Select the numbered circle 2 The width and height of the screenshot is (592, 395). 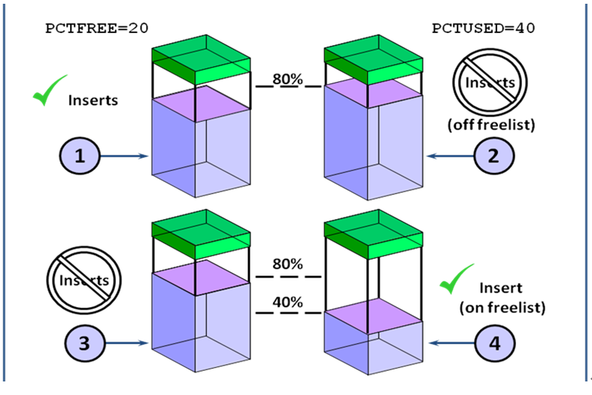[x=493, y=156]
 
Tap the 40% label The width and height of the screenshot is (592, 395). [x=288, y=302]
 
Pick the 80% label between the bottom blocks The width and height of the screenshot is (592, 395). [x=288, y=264]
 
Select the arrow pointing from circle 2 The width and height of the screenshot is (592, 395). [x=448, y=156]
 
